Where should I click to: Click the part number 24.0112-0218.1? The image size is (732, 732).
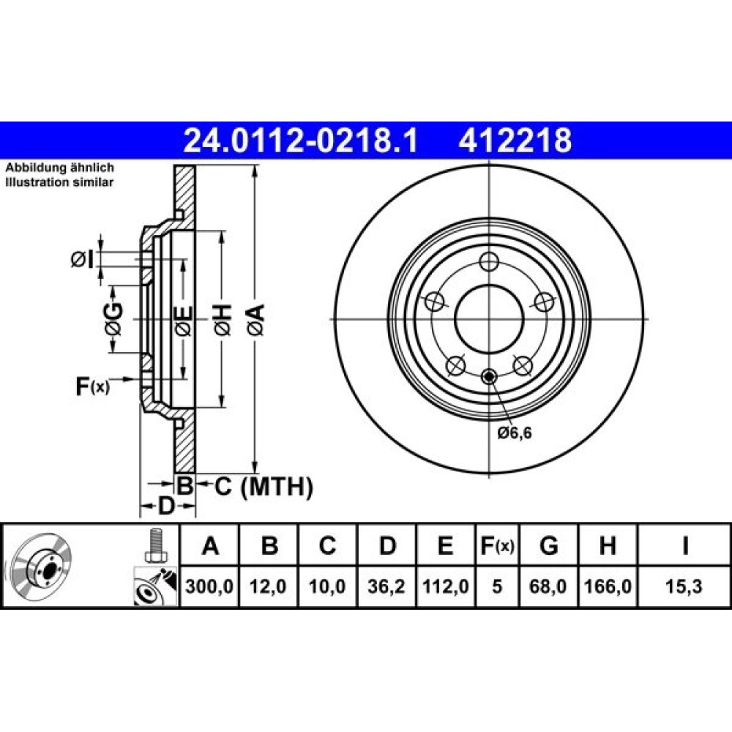click(x=301, y=141)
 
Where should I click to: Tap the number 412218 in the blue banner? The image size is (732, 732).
click(x=515, y=141)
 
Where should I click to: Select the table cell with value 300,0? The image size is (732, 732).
click(x=209, y=586)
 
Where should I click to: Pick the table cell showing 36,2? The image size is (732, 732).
click(x=386, y=586)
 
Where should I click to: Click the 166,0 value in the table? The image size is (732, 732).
click(x=608, y=586)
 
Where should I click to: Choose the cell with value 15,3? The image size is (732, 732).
click(x=684, y=586)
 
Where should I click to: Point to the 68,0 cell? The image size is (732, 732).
click(x=548, y=586)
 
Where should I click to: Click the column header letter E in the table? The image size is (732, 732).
click(x=445, y=545)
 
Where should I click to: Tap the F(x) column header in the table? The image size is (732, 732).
click(x=497, y=545)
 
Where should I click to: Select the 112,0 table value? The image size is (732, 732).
click(x=445, y=586)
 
